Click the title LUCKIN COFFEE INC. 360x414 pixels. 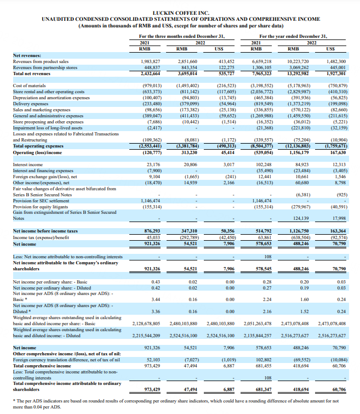point(180,12)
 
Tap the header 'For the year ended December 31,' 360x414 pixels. point(293,36)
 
